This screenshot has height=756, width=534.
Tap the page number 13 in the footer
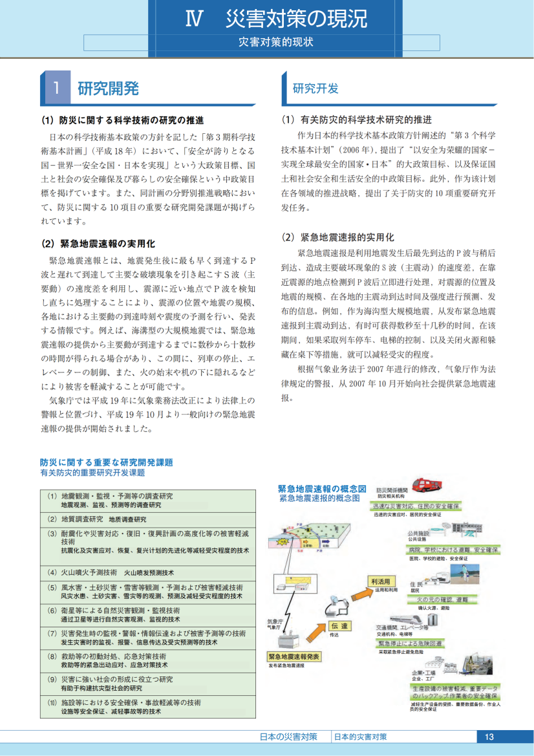point(489,737)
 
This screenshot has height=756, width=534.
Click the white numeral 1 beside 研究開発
point(57,89)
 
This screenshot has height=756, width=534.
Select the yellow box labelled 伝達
point(340,625)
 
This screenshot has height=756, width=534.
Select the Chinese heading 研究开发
point(315,89)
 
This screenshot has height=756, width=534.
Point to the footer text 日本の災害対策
point(288,737)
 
